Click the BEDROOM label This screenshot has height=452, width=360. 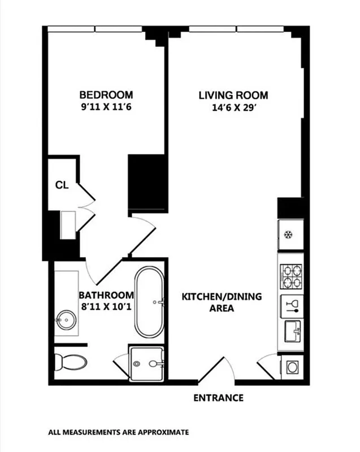pyautogui.click(x=106, y=94)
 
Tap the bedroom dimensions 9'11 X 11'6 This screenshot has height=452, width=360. pyautogui.click(x=106, y=106)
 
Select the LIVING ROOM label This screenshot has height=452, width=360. pyautogui.click(x=233, y=95)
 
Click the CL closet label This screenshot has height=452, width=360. pyautogui.click(x=62, y=185)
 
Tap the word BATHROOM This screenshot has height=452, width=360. pyautogui.click(x=106, y=295)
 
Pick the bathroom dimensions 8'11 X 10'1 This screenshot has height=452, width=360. pyautogui.click(x=106, y=306)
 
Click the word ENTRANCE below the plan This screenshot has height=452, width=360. pyautogui.click(x=218, y=398)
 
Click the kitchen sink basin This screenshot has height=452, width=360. pyautogui.click(x=292, y=329)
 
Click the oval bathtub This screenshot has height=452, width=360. pyautogui.click(x=149, y=302)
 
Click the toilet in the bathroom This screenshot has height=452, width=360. pyautogui.click(x=71, y=360)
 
